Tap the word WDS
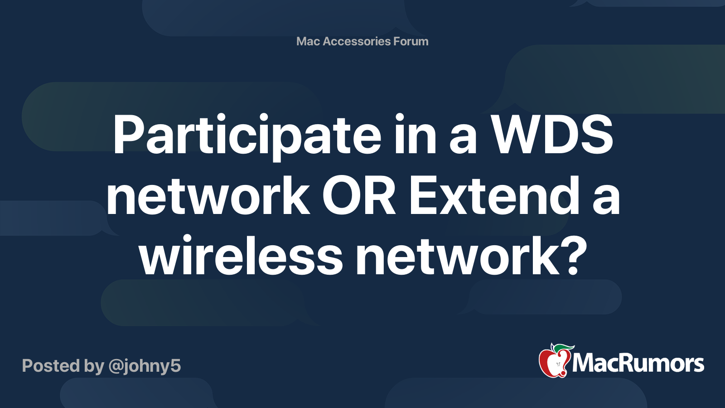(x=552, y=136)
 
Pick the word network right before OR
(x=208, y=197)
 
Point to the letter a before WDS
(x=463, y=138)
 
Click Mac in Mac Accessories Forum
(x=308, y=41)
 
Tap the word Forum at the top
(x=411, y=41)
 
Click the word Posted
(x=51, y=366)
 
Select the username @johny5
(x=145, y=366)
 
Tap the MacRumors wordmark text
(x=638, y=364)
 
